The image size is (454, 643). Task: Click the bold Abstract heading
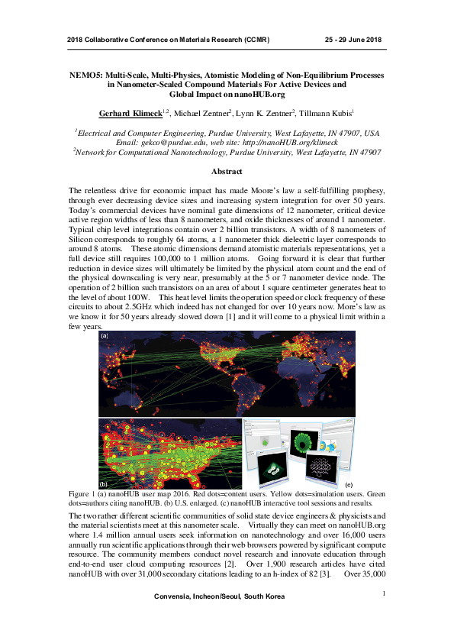coord(227,172)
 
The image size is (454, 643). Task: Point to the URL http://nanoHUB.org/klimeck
coord(292,142)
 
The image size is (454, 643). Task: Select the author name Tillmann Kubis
coord(324,113)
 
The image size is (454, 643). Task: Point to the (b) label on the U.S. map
coord(105,484)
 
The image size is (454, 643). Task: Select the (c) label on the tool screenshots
coord(349,485)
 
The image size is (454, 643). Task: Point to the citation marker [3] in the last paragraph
coord(324,573)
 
